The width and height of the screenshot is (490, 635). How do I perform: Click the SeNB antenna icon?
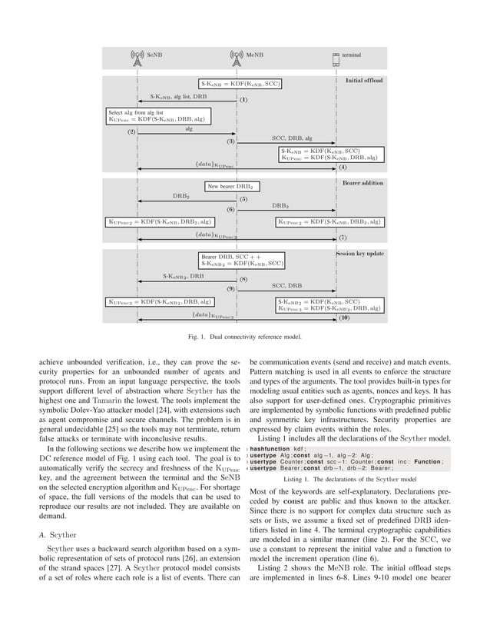137,56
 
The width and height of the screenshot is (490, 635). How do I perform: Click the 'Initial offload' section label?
364,80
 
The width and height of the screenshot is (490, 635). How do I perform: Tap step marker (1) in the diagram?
243,100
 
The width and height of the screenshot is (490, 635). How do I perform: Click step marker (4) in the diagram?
343,168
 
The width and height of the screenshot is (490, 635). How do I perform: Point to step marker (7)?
343,238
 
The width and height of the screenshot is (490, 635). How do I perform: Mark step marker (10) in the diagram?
344,317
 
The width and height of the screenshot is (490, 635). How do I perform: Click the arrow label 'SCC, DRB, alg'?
292,138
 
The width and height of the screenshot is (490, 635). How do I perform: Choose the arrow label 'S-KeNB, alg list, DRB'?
178,98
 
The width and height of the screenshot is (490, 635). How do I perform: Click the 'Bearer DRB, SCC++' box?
243,259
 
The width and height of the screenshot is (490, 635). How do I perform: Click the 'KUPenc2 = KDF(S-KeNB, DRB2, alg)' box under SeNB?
159,222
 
